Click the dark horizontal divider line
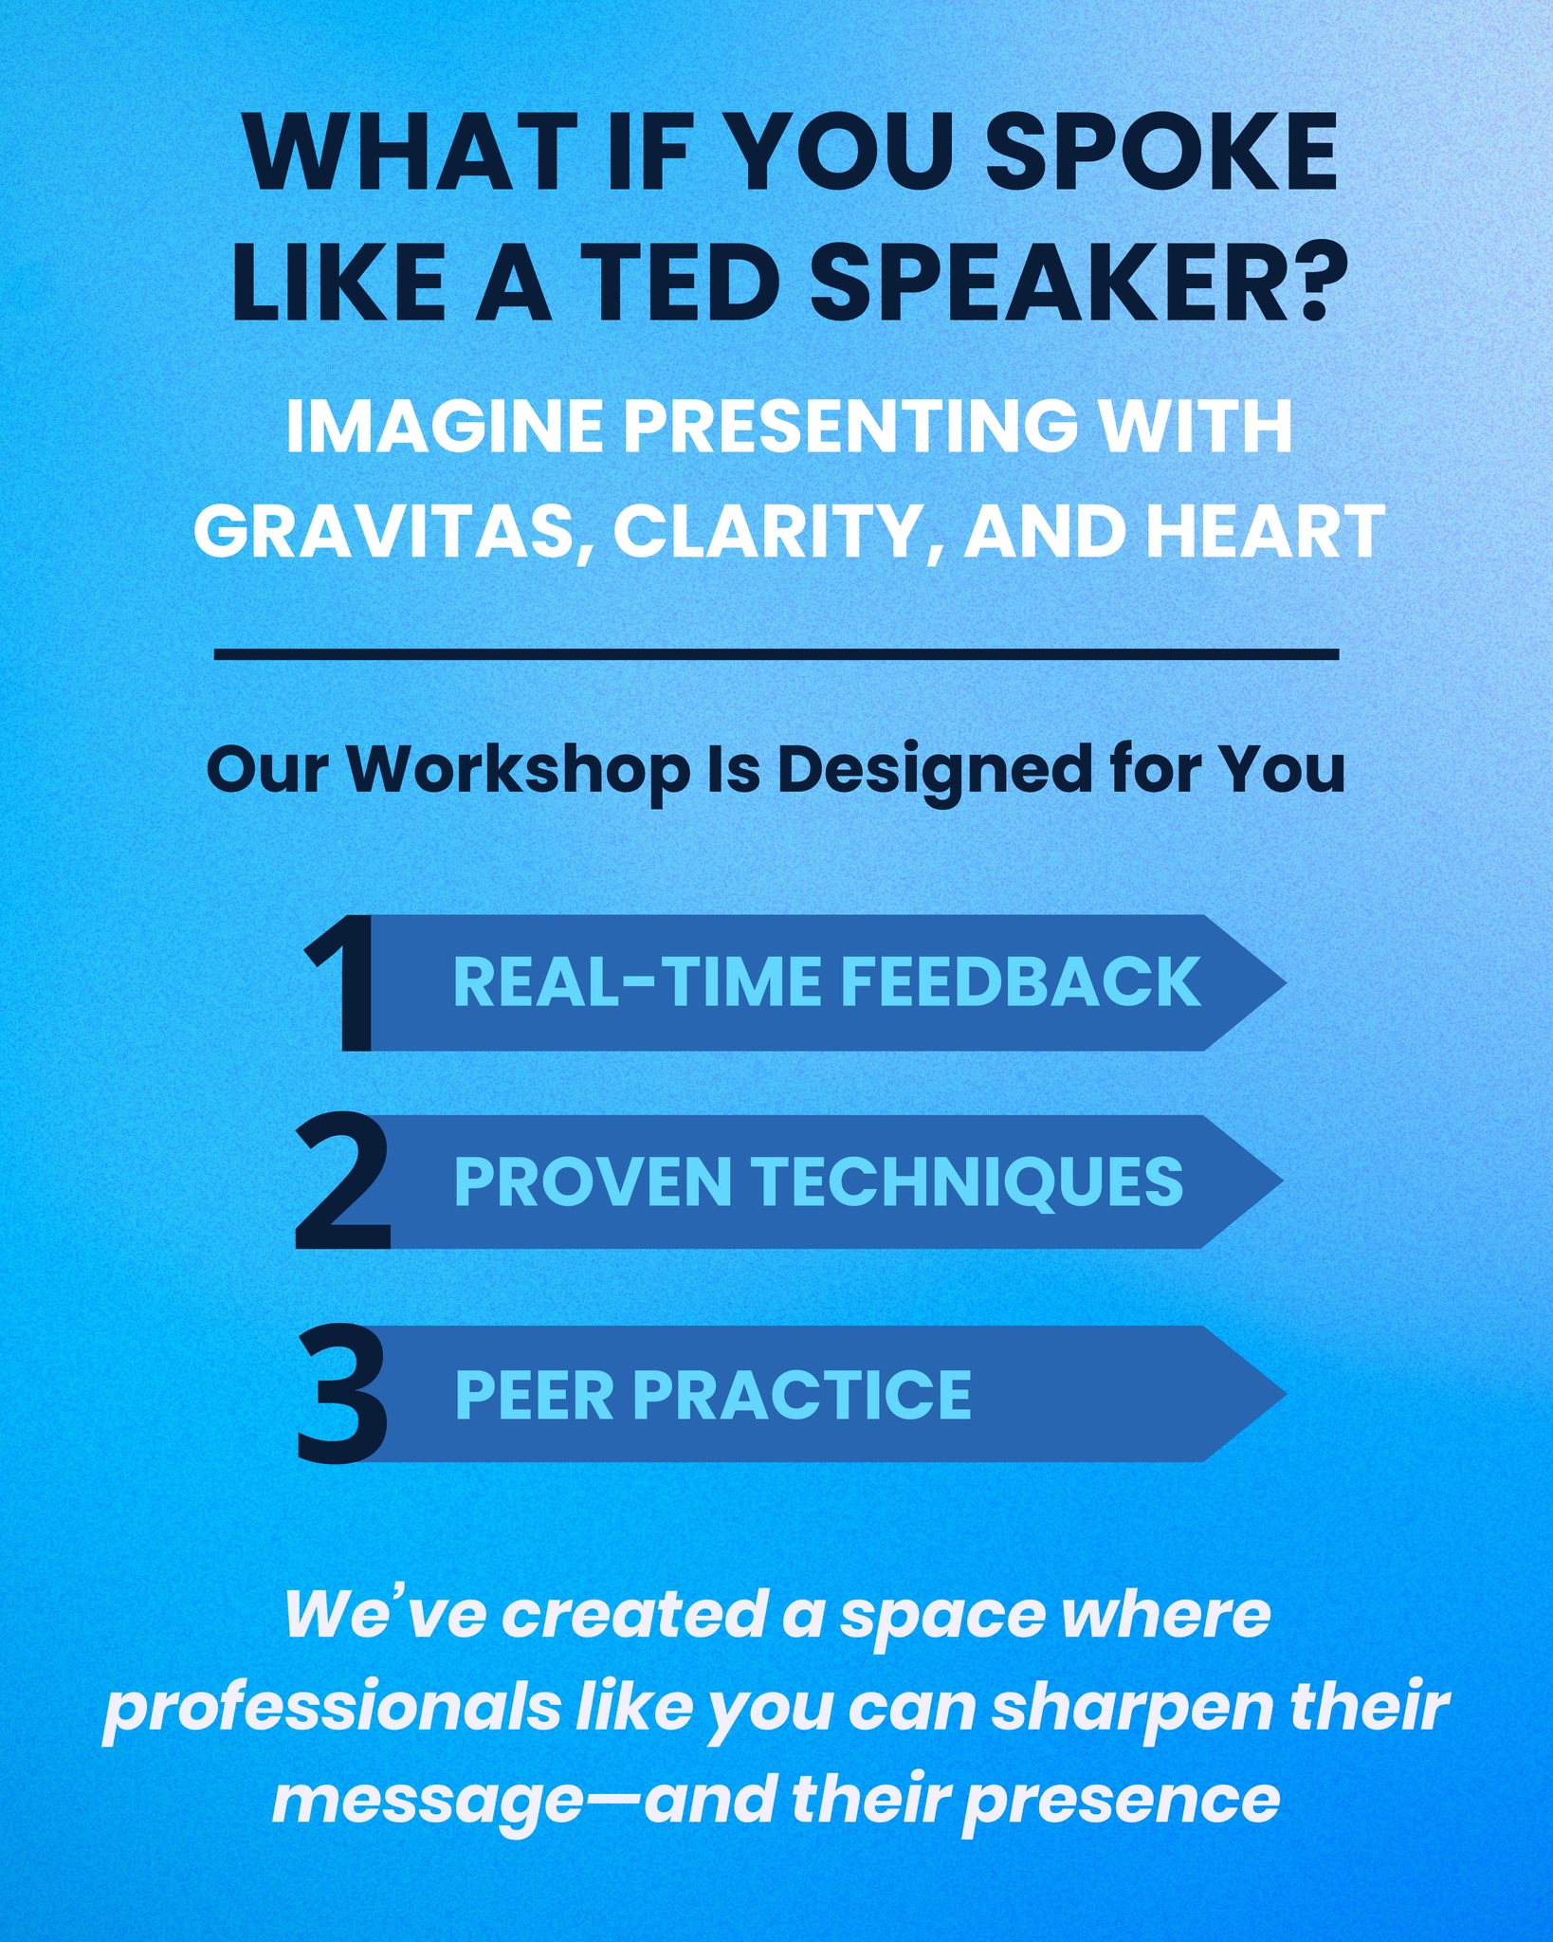coord(776,653)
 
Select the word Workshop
coord(518,770)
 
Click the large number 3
coord(342,1393)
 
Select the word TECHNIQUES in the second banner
coord(968,1182)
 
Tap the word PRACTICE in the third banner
coord(802,1394)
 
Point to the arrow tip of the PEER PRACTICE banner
coord(1285,1393)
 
